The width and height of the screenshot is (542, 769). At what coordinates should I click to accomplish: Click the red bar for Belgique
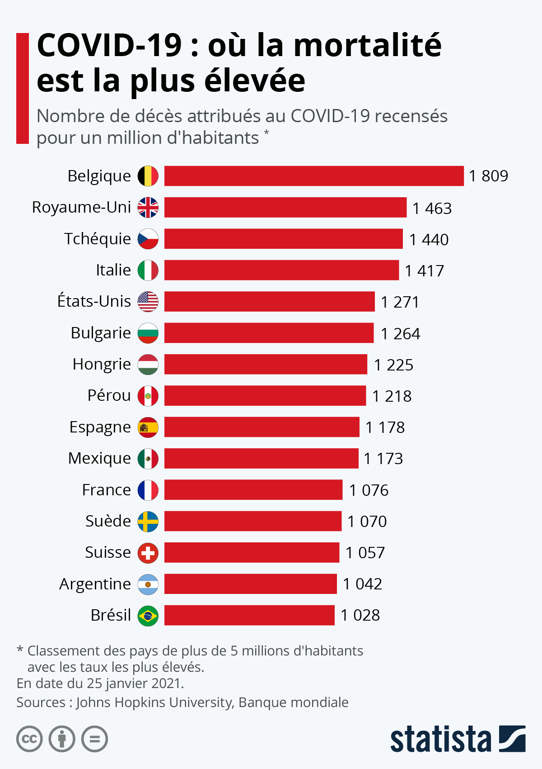click(x=314, y=176)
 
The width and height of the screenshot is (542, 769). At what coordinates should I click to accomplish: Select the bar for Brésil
click(x=249, y=615)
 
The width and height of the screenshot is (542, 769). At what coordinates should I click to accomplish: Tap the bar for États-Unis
click(x=269, y=302)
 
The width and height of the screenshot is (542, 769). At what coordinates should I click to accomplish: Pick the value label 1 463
click(x=432, y=209)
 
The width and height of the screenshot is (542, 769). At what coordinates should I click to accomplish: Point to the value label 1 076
click(x=369, y=490)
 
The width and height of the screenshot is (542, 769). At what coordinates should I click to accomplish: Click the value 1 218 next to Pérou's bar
click(x=392, y=396)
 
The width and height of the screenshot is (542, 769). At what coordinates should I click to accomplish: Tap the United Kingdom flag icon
click(x=148, y=208)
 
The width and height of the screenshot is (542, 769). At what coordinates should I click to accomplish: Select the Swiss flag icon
click(x=148, y=553)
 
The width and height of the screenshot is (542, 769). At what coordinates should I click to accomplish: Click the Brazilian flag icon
click(x=148, y=616)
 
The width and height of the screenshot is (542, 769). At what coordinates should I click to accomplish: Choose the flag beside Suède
click(x=148, y=522)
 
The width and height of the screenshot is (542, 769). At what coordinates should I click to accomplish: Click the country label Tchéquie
click(x=98, y=239)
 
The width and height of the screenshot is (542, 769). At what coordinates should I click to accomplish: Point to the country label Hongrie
click(x=102, y=364)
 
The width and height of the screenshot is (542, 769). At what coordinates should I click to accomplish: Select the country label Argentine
click(x=95, y=584)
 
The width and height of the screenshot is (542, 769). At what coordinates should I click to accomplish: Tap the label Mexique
click(x=99, y=459)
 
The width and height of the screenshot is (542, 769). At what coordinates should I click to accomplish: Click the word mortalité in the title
click(x=367, y=45)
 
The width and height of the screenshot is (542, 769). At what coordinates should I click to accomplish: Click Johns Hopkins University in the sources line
click(x=154, y=702)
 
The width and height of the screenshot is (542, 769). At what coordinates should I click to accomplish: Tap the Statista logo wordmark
click(x=440, y=740)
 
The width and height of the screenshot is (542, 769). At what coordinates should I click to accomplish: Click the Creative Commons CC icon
click(x=29, y=739)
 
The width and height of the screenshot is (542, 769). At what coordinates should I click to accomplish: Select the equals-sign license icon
click(x=95, y=739)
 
